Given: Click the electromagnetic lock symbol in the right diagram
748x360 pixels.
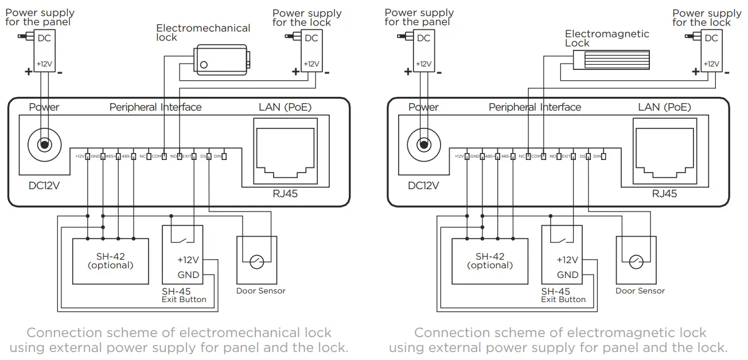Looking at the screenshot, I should click(x=611, y=58).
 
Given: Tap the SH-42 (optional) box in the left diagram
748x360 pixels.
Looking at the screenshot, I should click(x=110, y=261).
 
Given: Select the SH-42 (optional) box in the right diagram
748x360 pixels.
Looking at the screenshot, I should click(x=490, y=261).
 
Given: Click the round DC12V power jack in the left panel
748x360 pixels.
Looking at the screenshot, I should click(x=44, y=145).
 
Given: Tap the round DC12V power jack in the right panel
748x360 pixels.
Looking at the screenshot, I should click(x=423, y=145).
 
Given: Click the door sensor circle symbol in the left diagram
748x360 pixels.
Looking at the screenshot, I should click(x=256, y=262).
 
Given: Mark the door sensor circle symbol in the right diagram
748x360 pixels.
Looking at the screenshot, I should click(x=636, y=262).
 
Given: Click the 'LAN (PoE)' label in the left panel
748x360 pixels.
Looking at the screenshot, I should click(x=285, y=107).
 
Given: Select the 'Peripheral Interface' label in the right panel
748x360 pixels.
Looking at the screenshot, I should click(x=535, y=107).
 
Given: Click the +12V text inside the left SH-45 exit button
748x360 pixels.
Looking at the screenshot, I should click(x=188, y=260).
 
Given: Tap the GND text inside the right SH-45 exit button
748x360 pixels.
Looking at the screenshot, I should click(x=568, y=275).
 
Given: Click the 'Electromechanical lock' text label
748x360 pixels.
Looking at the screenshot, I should click(x=203, y=32).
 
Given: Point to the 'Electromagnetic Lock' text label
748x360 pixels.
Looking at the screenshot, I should click(x=607, y=38).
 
